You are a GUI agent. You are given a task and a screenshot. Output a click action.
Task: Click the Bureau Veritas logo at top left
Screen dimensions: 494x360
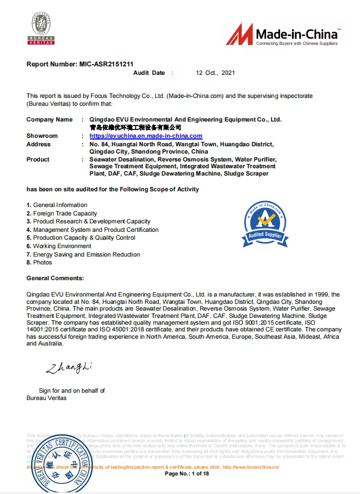pos(42,29)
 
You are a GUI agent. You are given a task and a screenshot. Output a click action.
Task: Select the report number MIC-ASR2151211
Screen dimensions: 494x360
pos(80,64)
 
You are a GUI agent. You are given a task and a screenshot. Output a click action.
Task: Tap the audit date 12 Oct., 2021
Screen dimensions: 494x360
pos(215,73)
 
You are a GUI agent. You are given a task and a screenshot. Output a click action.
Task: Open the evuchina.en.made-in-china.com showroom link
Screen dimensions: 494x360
pos(146,136)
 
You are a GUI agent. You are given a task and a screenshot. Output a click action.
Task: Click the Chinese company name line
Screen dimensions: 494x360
pos(136,128)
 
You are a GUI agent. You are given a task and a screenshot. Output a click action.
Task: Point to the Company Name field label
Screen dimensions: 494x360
pos(49,119)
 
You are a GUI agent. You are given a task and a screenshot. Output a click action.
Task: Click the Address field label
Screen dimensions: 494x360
pos(38,144)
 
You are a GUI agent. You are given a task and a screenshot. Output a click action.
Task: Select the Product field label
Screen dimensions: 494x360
pos(38,159)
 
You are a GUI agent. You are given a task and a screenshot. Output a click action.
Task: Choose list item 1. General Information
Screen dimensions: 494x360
pos(57,205)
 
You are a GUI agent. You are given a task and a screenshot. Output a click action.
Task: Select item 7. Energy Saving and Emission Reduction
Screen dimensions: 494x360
pos(83,255)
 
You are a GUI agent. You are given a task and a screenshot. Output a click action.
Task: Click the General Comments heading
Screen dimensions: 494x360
pos(55,278)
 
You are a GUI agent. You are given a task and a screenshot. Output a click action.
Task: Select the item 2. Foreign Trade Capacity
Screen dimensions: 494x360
pos(62,214)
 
